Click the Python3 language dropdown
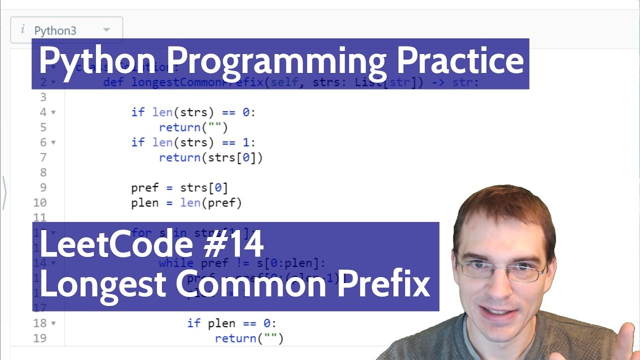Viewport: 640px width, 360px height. coord(66,30)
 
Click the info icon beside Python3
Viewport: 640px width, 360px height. coord(22,29)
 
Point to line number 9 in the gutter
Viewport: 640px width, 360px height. coord(43,187)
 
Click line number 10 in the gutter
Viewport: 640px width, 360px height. coord(40,202)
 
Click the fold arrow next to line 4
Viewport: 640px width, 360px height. coord(53,112)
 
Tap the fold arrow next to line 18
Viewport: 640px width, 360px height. coord(53,323)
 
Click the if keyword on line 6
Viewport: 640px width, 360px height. coord(137,142)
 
